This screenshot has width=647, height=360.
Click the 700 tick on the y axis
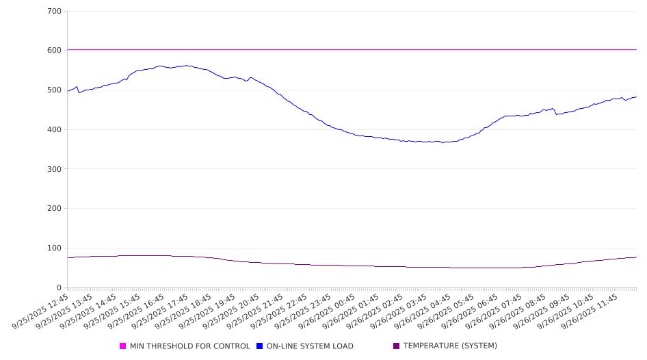click(x=55, y=12)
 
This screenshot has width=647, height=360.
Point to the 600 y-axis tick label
click(x=55, y=51)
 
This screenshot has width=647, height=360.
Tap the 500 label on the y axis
click(x=55, y=90)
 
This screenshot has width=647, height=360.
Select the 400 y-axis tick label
click(x=55, y=130)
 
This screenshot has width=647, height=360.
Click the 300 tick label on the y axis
click(x=55, y=169)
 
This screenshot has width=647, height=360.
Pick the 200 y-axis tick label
click(x=55, y=209)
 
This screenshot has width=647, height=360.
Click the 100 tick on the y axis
click(x=55, y=248)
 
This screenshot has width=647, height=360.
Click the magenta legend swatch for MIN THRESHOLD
click(x=123, y=346)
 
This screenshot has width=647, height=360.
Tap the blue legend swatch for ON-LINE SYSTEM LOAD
click(x=260, y=346)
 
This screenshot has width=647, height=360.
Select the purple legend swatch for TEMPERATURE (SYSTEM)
click(x=397, y=346)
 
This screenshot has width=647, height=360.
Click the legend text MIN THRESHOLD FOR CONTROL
click(x=190, y=346)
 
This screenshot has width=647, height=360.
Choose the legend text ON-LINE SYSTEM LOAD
click(x=310, y=346)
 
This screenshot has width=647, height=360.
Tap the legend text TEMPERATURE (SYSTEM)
click(x=450, y=346)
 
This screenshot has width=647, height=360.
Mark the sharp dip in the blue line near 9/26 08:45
click(x=557, y=114)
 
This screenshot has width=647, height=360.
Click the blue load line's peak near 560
click(x=185, y=66)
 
